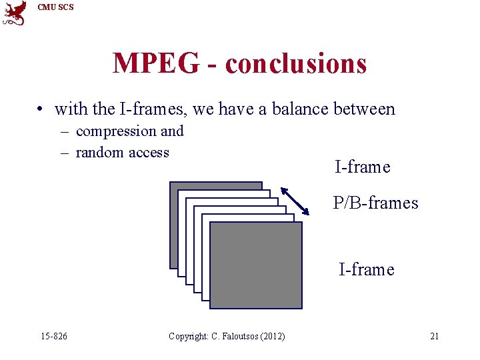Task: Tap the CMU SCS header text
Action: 56,7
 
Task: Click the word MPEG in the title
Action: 155,63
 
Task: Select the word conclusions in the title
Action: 296,63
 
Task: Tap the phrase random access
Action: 123,153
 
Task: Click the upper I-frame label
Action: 362,167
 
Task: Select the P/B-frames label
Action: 375,203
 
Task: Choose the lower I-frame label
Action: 366,269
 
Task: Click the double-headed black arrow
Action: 295,201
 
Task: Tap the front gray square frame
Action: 256,265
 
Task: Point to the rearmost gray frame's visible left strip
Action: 174,227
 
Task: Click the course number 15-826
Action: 54,336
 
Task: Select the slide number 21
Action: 434,336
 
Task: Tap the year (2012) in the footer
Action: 271,336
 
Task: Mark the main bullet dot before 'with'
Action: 41,109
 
